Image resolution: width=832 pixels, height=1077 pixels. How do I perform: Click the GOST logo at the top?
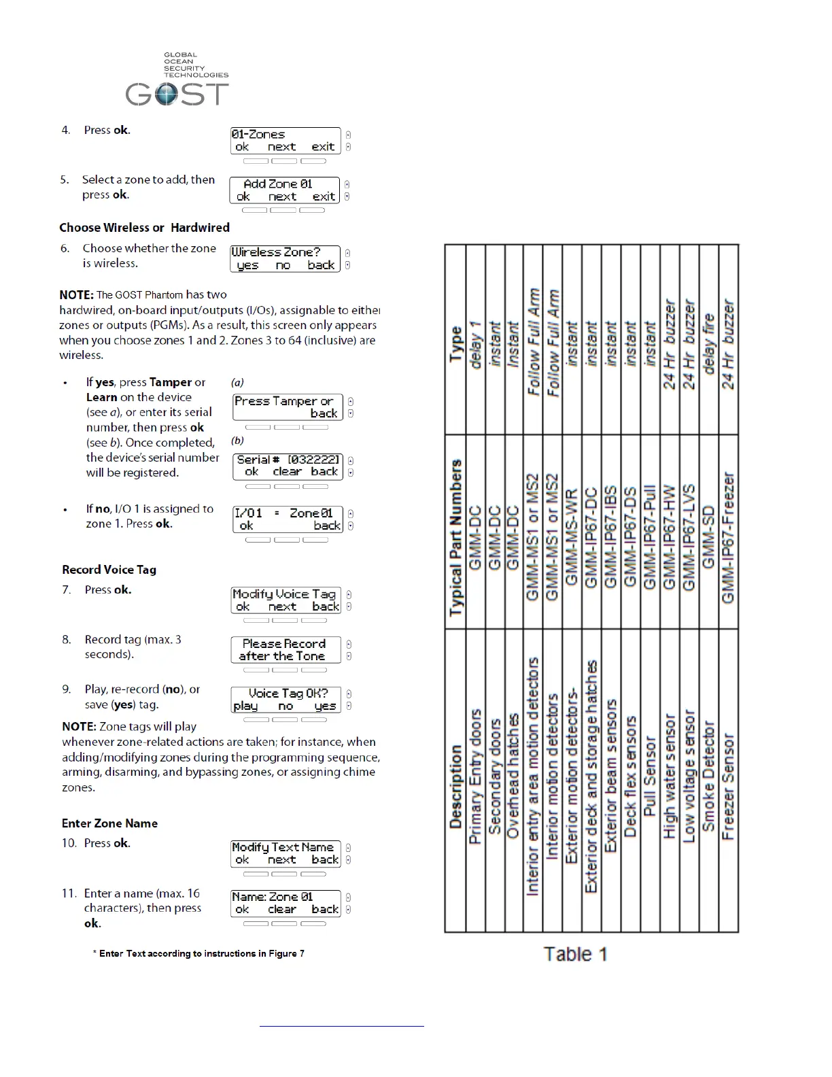tap(177, 82)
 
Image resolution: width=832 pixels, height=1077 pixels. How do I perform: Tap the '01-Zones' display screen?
tap(285, 141)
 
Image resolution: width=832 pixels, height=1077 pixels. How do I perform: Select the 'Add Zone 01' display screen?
tap(285, 190)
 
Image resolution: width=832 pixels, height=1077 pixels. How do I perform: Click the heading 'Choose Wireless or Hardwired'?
tap(144, 228)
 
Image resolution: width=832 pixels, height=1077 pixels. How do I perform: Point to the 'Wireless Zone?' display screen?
tap(285, 258)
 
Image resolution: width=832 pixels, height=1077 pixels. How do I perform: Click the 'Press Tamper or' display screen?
tap(288, 407)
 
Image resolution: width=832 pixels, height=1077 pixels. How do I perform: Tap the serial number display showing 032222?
tap(288, 466)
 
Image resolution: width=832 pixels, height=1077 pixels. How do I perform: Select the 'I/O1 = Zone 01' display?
tap(288, 519)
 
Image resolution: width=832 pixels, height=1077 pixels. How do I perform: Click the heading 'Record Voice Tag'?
tap(109, 570)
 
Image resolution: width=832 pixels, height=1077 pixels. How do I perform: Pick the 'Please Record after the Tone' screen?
tap(285, 650)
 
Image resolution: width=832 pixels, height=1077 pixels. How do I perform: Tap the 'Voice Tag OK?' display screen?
tap(285, 700)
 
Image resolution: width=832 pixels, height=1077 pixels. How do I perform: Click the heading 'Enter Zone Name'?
tap(109, 823)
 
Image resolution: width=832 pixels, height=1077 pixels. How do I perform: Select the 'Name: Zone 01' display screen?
tap(285, 903)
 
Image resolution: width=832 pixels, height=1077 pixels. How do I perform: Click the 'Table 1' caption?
tap(575, 955)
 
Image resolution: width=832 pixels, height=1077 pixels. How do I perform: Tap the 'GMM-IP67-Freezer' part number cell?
tap(728, 537)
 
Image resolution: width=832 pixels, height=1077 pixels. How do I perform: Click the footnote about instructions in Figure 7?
tap(198, 954)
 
